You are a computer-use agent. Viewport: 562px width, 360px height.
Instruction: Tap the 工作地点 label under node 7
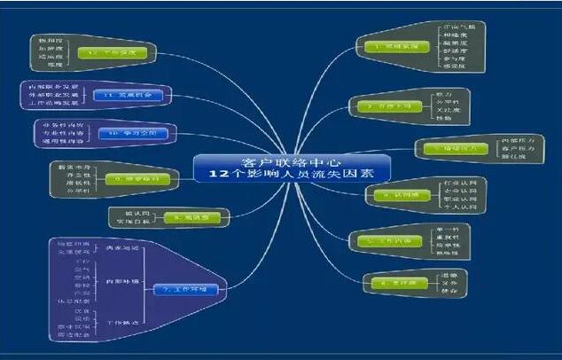click(x=121, y=320)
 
